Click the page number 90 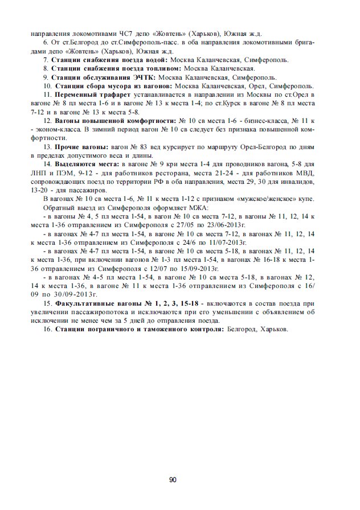coord(173,479)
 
